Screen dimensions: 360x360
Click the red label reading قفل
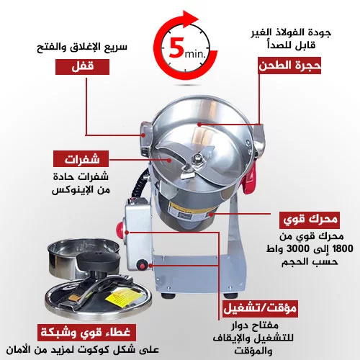[x=82, y=67]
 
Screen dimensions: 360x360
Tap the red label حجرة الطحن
[x=289, y=66]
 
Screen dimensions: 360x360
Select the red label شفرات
[x=81, y=159]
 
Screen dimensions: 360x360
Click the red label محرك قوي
[x=310, y=220]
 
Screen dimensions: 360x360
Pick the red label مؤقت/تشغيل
[x=261, y=308]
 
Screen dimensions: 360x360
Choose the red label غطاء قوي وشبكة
[x=87, y=333]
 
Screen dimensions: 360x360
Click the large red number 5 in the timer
[x=176, y=48]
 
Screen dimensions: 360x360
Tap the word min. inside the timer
[x=195, y=54]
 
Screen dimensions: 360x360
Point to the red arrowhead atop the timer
[x=191, y=19]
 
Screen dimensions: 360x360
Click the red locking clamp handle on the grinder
[x=250, y=178]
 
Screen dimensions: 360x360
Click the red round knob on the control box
[x=120, y=228]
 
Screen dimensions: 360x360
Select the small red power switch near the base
[x=142, y=265]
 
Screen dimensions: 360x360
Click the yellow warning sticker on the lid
[x=122, y=299]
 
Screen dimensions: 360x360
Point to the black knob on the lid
[x=99, y=260]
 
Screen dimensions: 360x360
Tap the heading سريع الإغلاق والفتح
[x=82, y=47]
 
